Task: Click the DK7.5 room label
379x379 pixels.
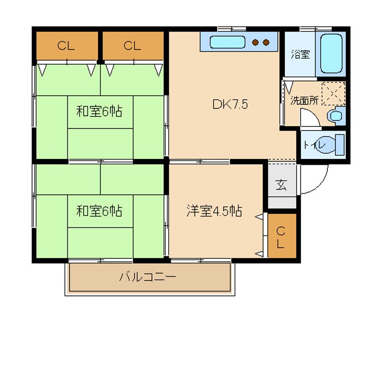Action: coord(230,104)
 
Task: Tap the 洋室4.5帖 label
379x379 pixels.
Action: coord(214,211)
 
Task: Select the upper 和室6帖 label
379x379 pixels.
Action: coord(99,112)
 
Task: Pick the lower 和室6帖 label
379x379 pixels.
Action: coord(99,211)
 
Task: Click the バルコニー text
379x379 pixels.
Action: coord(148,276)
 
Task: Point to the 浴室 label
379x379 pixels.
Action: coord(300,54)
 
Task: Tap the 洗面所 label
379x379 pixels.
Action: coord(304,101)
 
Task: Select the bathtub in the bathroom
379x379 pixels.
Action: coord(332,53)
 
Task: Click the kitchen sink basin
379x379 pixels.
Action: coord(227,42)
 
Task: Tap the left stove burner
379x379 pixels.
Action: coord(255,43)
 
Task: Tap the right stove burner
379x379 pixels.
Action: coord(266,43)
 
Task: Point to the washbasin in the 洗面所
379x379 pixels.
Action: coord(336,116)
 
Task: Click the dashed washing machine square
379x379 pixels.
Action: coord(334,94)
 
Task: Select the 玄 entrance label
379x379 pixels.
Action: coord(281,184)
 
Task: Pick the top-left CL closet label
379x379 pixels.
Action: coord(66,45)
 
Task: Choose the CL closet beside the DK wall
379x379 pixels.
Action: coord(132,45)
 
